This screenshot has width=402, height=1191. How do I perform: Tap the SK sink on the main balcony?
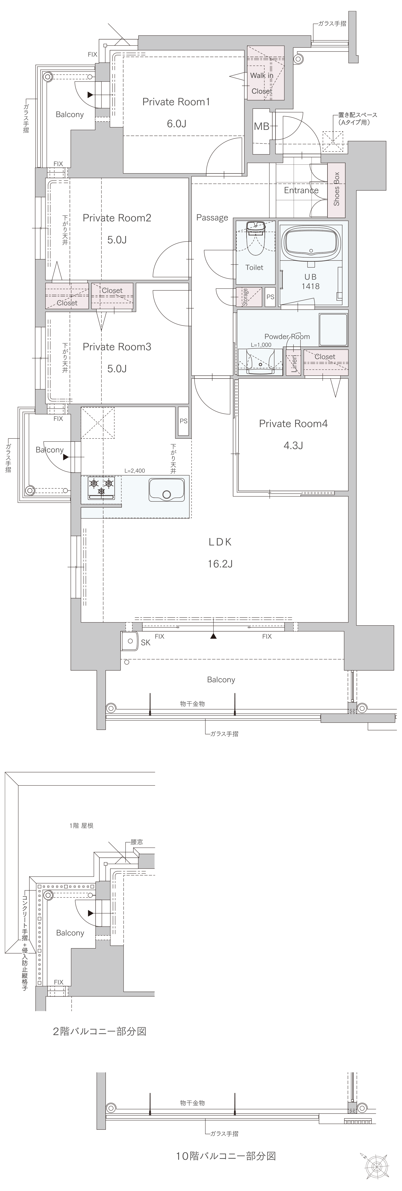tap(130, 641)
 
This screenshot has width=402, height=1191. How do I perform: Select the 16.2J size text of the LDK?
tap(220, 564)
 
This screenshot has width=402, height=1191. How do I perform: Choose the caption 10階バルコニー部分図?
tap(226, 1156)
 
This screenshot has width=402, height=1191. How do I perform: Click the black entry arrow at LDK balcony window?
tap(213, 636)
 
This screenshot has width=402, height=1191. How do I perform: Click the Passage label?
tap(212, 218)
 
